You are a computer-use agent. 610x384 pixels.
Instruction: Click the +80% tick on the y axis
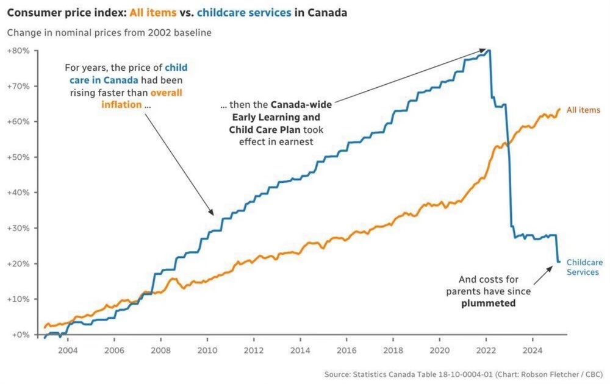click(18, 51)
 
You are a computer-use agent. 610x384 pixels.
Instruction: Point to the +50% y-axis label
click(18, 157)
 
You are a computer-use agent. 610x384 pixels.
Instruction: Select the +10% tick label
click(18, 299)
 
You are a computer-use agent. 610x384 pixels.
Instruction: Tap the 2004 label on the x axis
click(68, 351)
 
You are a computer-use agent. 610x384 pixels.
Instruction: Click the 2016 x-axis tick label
click(346, 351)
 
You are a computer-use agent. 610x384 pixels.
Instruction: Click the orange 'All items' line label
click(583, 110)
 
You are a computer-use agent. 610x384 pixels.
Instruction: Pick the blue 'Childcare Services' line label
click(583, 267)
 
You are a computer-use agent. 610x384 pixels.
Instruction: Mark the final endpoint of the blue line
click(559, 261)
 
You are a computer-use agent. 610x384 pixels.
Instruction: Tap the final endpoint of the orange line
click(559, 109)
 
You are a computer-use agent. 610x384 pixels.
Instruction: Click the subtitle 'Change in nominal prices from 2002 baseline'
click(109, 33)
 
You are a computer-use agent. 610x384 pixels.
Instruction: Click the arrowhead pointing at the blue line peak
click(486, 50)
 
